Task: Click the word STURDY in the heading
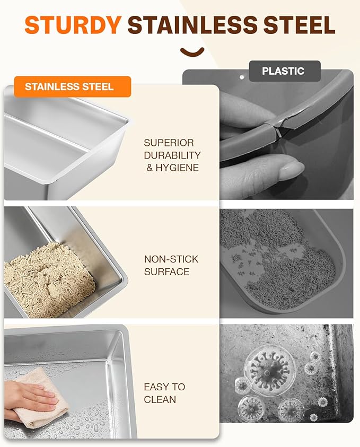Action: [73, 24]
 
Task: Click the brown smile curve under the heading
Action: [192, 51]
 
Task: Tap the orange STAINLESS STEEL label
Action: [73, 86]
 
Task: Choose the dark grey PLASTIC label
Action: [285, 71]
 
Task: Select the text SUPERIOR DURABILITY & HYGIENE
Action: [172, 155]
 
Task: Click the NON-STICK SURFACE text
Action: [171, 265]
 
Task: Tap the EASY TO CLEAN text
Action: [164, 393]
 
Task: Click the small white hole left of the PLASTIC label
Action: [242, 77]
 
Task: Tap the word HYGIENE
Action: [177, 168]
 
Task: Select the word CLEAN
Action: [160, 400]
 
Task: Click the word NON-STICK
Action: [171, 259]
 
